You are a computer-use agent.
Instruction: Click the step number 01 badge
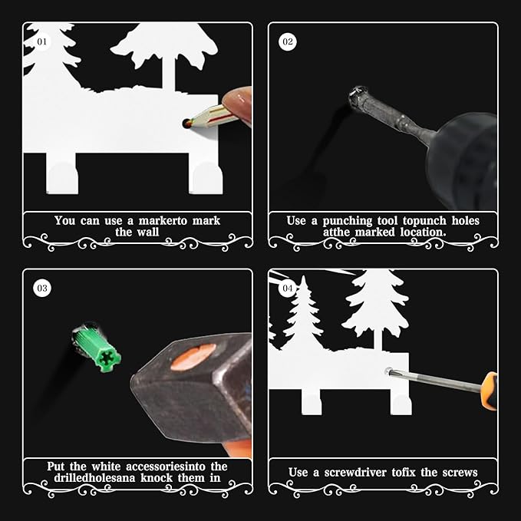click(x=41, y=41)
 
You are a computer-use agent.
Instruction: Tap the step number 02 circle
click(x=288, y=41)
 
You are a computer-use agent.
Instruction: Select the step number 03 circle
click(x=42, y=288)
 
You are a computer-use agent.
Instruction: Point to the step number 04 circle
click(x=288, y=288)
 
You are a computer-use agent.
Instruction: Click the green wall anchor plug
click(x=97, y=347)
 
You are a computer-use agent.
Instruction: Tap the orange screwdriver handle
click(x=489, y=391)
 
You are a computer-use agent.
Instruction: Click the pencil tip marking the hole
click(x=186, y=124)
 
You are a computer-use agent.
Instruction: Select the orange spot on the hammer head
click(x=194, y=357)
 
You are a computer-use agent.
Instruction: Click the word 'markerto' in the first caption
click(x=163, y=221)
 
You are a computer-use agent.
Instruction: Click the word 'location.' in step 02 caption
click(x=423, y=232)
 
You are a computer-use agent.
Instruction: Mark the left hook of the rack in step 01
click(x=62, y=173)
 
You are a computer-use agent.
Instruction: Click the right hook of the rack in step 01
click(x=206, y=173)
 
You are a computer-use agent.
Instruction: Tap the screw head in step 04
click(x=388, y=371)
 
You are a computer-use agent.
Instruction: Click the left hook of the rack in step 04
click(x=312, y=402)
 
